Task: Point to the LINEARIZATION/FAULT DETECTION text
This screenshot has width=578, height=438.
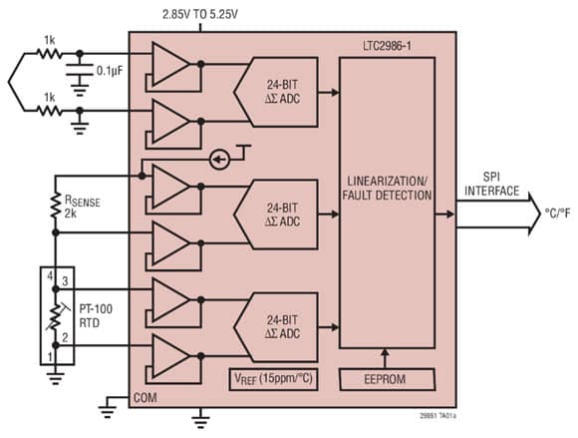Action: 388,189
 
